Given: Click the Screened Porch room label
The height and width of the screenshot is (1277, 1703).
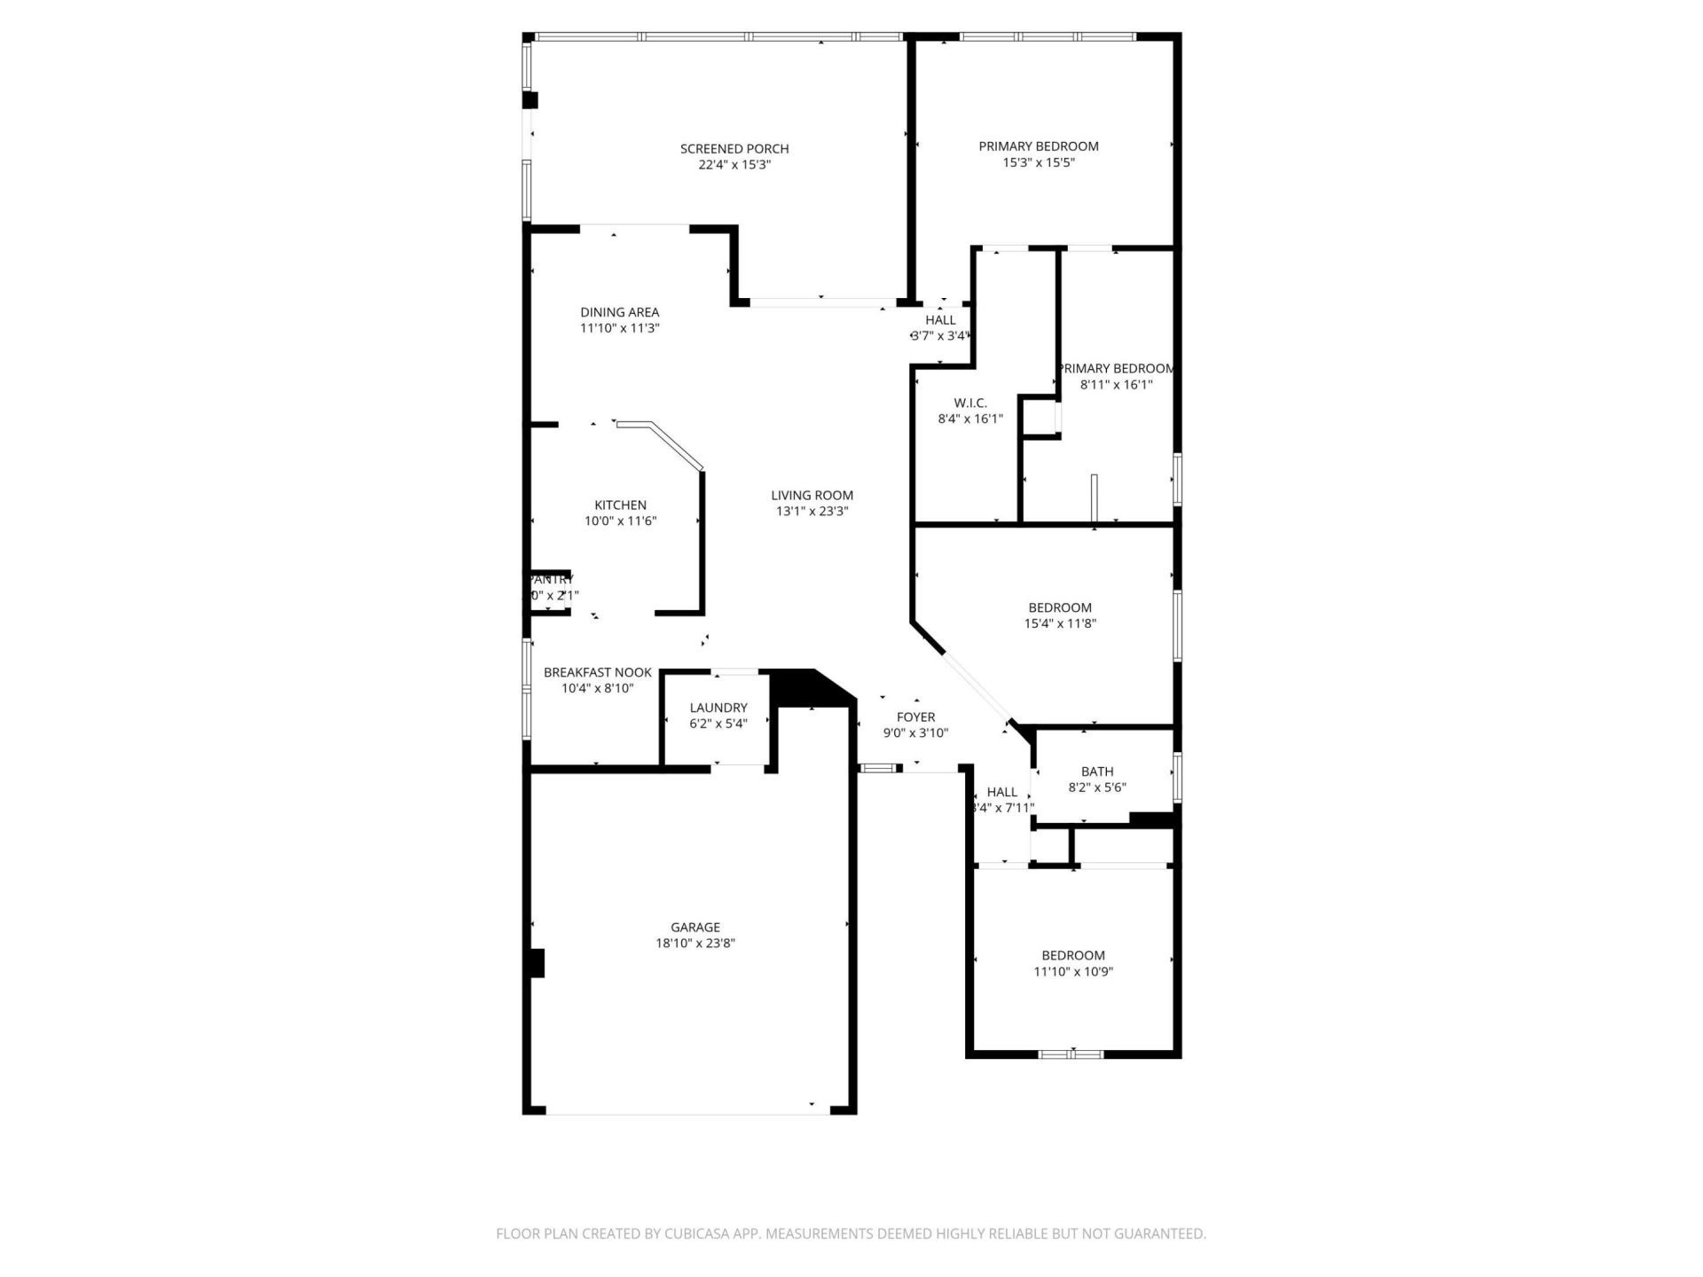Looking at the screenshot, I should pos(734,148).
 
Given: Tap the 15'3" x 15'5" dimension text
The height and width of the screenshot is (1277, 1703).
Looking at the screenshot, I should pos(1038,162).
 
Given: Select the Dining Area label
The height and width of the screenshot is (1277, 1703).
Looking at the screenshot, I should pos(619,312).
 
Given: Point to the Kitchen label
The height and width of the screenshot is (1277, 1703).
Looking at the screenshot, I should pos(620,505).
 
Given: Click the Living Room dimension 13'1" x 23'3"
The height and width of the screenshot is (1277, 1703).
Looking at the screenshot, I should pos(812,512).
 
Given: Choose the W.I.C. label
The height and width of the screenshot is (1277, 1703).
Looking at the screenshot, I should pos(969,403).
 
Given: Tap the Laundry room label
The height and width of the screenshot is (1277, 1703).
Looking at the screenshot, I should pos(718,708).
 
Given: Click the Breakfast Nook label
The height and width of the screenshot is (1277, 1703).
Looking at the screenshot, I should pos(597,672).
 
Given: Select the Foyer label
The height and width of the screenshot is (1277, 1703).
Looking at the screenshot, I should pos(915,717).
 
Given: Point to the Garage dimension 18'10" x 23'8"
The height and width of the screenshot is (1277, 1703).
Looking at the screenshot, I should pos(695,944).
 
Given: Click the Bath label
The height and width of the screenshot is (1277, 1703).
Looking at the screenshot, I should pos(1096,772).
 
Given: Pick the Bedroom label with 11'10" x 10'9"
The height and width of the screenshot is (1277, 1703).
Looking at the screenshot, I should pos(1072,955).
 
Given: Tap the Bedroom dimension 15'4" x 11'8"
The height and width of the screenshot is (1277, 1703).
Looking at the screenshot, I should pos(1060,623).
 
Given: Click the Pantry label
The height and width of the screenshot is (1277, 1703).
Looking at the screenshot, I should pos(551,579).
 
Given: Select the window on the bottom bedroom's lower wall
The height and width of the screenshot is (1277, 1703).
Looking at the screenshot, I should pos(1071,1054).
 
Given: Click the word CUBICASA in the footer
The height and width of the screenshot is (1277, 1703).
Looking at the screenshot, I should pos(710,1234).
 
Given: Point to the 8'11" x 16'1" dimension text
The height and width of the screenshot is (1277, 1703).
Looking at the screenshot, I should pos(1115,385).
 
